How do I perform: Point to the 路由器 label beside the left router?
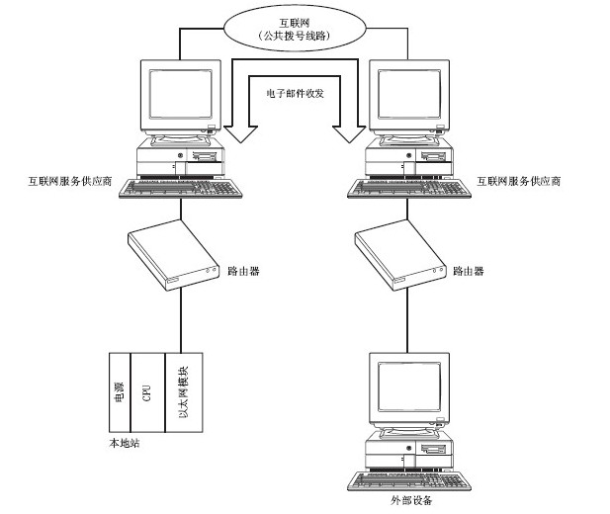[x=243, y=269]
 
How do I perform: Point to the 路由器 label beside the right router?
[x=468, y=269]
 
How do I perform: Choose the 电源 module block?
[x=120, y=391]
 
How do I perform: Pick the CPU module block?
[x=146, y=391]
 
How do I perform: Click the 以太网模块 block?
[x=184, y=391]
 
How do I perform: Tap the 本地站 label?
[x=124, y=442]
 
